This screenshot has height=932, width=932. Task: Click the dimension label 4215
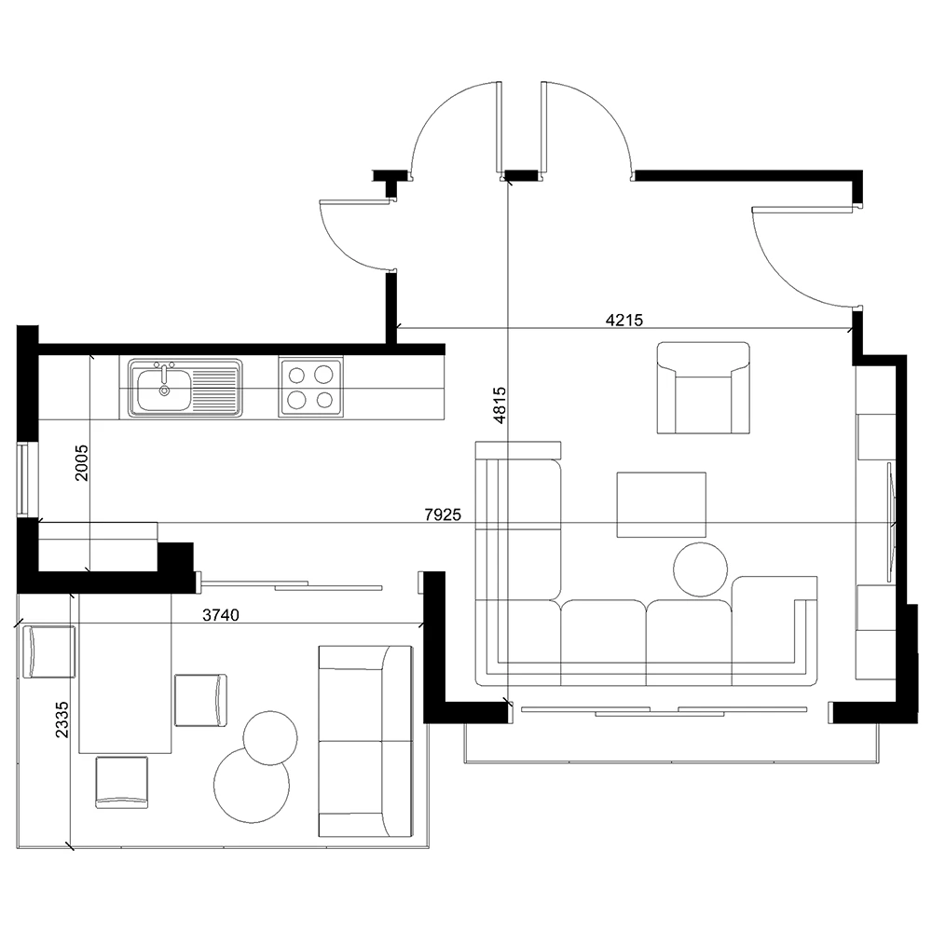point(624,321)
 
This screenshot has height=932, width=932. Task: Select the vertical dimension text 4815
point(500,405)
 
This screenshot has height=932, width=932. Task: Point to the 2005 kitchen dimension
point(82,462)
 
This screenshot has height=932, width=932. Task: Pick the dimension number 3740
point(221,614)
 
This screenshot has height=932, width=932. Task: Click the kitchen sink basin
point(163,391)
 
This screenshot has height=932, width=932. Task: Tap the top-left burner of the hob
point(297,375)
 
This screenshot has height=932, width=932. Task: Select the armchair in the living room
point(703,388)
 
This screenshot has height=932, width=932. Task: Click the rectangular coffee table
point(661,504)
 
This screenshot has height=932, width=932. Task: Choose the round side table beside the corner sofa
point(700,569)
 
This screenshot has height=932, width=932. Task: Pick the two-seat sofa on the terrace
point(365,741)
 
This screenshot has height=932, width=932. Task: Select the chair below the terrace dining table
point(122,781)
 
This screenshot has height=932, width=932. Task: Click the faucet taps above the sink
point(164,366)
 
